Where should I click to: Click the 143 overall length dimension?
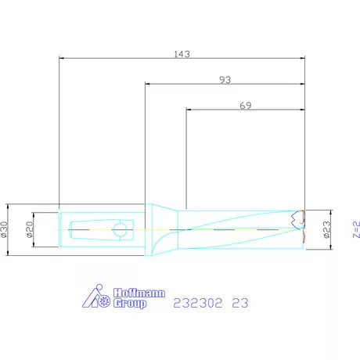coord(182,54)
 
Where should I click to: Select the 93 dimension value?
coord(225,80)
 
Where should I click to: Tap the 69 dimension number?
coord(246,106)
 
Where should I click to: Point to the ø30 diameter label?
coord(4,229)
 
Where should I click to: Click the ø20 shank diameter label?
coord(30,229)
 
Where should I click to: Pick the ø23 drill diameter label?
coord(326,229)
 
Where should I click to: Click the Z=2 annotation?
coord(356,229)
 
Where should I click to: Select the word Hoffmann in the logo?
coord(139,293)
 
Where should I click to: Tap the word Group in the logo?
coord(130,304)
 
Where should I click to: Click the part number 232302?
coord(198,303)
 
